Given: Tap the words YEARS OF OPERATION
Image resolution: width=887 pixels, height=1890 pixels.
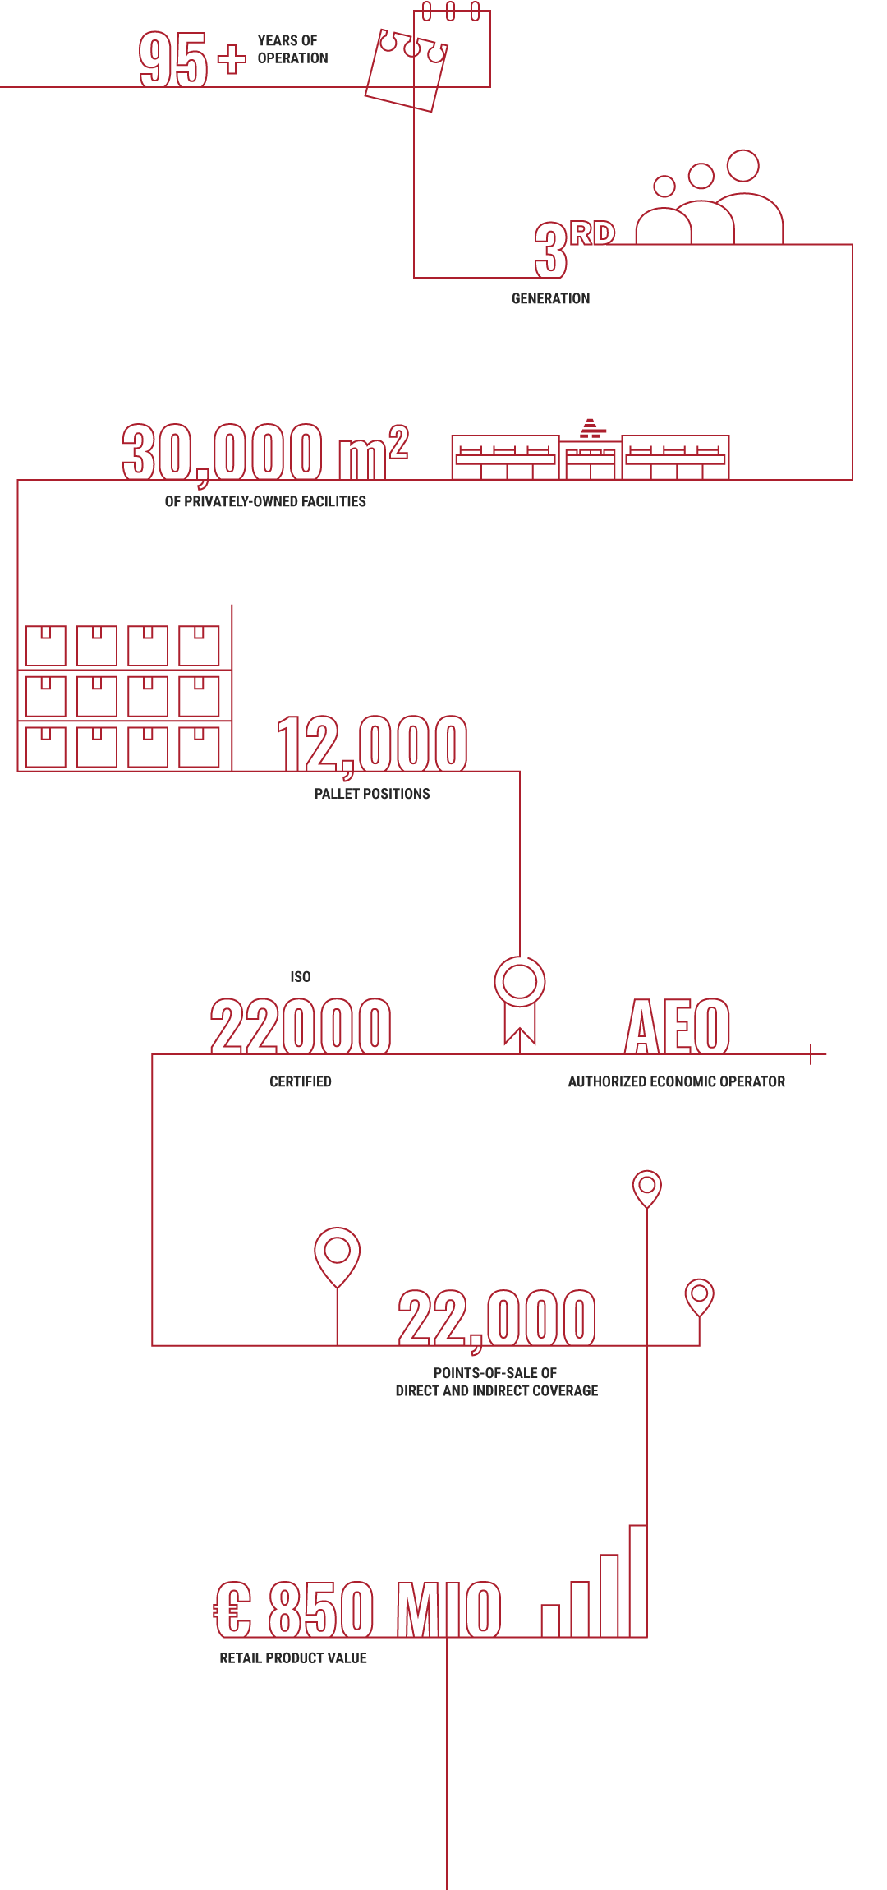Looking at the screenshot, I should [x=292, y=49].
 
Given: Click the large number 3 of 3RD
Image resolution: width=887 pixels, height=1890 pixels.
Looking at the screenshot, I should [x=550, y=251].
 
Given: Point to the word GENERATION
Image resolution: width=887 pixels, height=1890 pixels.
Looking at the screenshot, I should [x=550, y=298].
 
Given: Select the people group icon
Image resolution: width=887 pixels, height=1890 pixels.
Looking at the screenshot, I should [x=715, y=201].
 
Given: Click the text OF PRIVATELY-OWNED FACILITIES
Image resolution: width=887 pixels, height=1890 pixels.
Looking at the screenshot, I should [x=265, y=501].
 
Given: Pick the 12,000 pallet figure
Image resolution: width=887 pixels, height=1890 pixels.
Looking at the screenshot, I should [x=372, y=744].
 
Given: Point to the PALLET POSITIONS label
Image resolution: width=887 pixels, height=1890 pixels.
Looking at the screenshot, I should [x=372, y=794].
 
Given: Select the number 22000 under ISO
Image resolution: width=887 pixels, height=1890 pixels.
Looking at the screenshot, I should [x=301, y=1026].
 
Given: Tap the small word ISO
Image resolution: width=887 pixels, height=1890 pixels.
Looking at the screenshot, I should [x=301, y=977].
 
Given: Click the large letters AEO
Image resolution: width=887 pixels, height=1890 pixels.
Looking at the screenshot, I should [x=678, y=1026].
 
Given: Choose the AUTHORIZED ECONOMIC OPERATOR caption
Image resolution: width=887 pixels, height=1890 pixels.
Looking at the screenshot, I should [x=676, y=1081].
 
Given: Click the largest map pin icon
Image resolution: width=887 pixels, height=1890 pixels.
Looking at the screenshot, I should [x=339, y=1254].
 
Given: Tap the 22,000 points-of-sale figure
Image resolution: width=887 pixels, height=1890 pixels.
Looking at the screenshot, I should [x=497, y=1318].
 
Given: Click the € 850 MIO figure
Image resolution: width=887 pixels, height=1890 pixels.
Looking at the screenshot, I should [x=357, y=1609].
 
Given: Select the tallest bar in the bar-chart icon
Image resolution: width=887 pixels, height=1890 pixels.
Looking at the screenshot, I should [x=641, y=1576].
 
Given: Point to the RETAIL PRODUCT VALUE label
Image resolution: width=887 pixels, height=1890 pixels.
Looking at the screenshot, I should [x=293, y=1658].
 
